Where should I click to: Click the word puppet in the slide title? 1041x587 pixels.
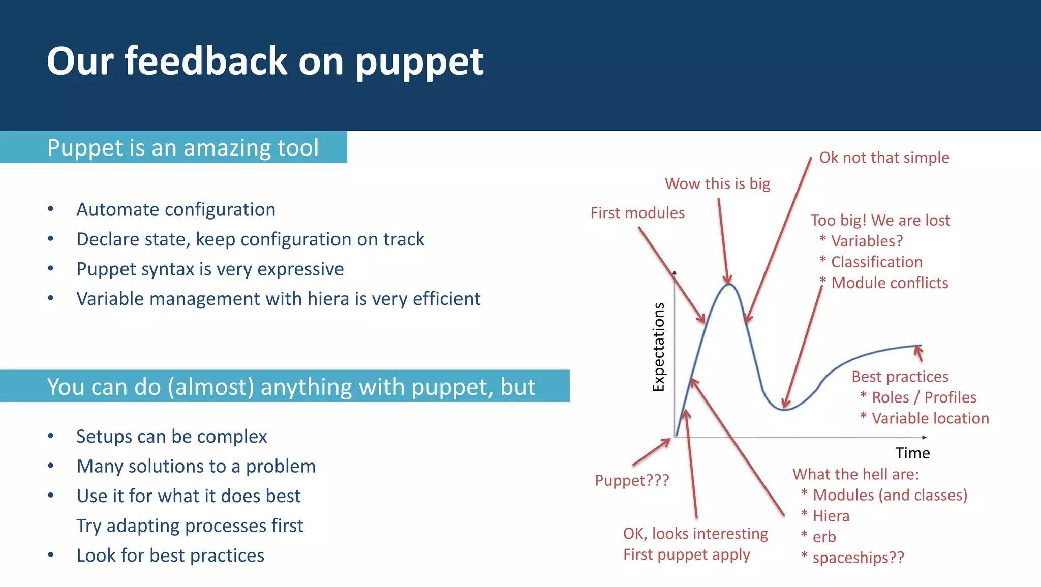(419, 62)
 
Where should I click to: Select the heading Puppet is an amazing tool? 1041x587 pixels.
(182, 148)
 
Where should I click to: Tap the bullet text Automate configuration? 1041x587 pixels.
(176, 209)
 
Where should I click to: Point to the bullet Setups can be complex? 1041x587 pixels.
(171, 437)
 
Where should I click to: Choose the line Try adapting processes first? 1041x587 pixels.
(190, 526)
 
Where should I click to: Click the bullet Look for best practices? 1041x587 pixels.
(170, 555)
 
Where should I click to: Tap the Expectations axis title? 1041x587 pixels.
(659, 347)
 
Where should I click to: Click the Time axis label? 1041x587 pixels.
(912, 453)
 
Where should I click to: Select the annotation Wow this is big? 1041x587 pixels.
(717, 183)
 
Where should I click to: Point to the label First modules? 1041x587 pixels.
(637, 213)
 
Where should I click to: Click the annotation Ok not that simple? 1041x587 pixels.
(884, 158)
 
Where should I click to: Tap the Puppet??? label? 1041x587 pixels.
(632, 480)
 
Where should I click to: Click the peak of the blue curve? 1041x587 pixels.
(729, 285)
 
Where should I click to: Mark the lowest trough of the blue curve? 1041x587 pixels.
(785, 410)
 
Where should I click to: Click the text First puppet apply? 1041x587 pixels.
(686, 554)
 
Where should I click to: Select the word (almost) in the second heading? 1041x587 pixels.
(211, 387)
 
